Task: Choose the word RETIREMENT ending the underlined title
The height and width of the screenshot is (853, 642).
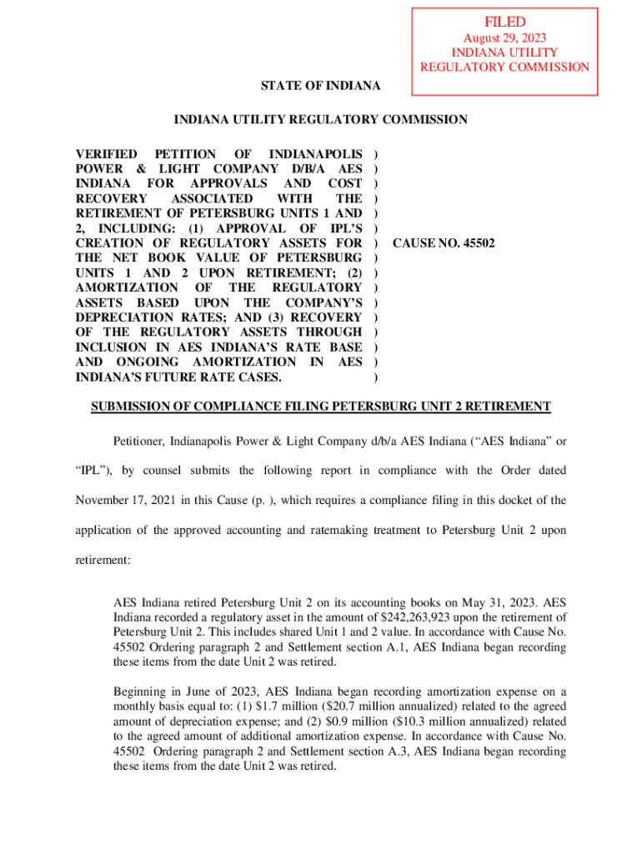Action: [x=509, y=407]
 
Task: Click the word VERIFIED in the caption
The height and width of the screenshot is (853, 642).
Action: [x=106, y=154]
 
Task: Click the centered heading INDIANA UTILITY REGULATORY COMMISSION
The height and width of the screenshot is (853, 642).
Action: [x=320, y=120]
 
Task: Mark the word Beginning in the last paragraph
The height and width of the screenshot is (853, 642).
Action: [x=142, y=691]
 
